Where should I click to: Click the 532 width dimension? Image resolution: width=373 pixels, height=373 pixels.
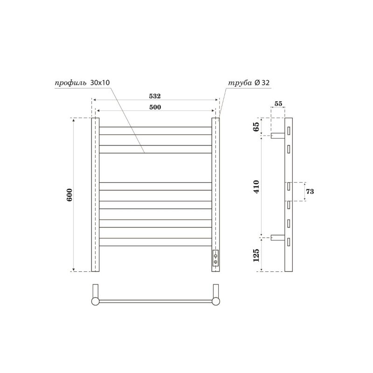coord(155,96)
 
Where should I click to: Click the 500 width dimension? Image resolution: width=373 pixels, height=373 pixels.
coord(155,107)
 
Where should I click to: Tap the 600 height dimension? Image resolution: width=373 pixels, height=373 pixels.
coord(69,195)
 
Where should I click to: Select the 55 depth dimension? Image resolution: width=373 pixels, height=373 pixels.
coord(278,104)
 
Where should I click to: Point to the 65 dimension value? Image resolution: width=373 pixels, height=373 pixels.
coord(256,126)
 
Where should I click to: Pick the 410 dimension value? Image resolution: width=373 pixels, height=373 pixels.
coord(256,187)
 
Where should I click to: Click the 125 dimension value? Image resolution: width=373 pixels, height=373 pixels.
coord(256,255)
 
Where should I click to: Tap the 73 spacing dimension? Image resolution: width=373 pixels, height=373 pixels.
coord(310,192)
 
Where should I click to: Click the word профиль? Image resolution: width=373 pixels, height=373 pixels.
coord(71,83)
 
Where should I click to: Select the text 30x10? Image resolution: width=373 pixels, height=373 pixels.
coord(100,83)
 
